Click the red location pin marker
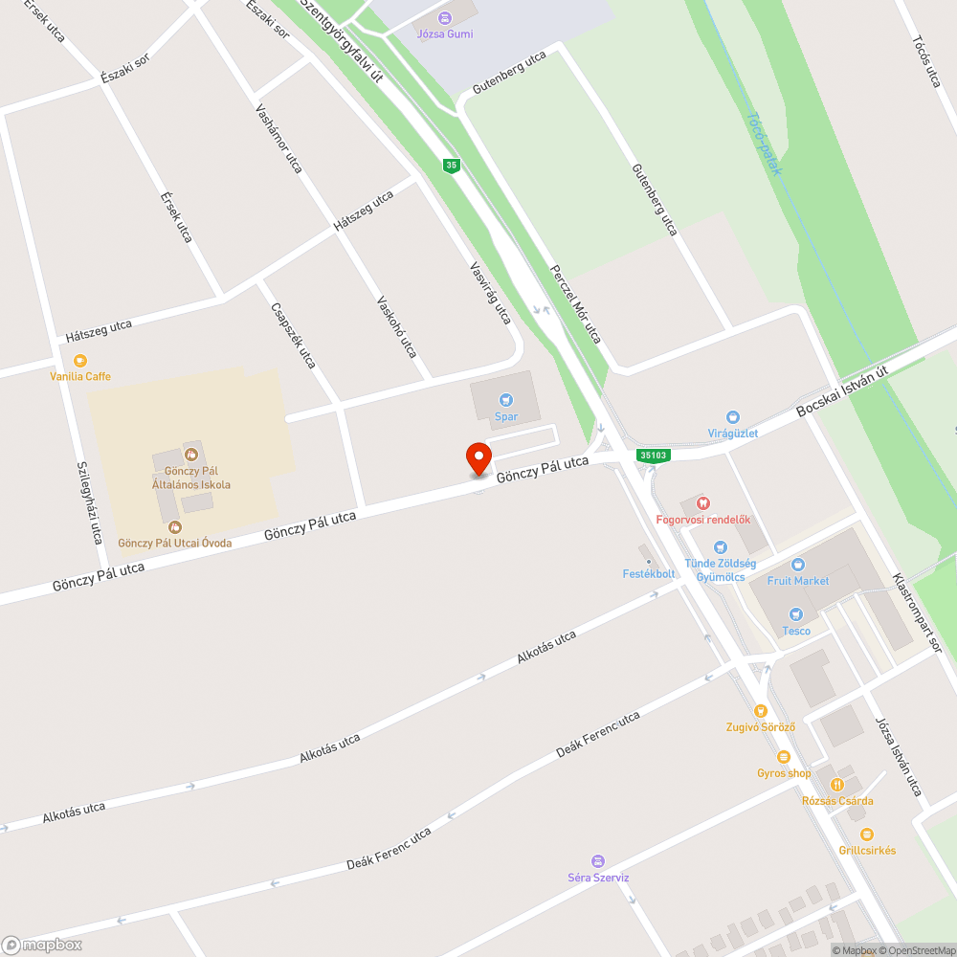click(x=478, y=458)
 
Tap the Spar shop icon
click(x=506, y=400)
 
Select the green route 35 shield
click(x=452, y=166)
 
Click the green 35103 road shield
click(x=654, y=456)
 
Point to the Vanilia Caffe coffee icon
click(x=80, y=361)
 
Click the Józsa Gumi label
click(x=445, y=34)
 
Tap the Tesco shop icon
click(x=795, y=614)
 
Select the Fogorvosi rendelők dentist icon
click(x=703, y=503)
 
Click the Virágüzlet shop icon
click(x=733, y=417)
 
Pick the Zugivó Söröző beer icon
click(x=761, y=711)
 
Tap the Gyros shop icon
click(x=784, y=757)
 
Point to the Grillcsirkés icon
click(x=867, y=835)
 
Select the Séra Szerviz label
click(x=598, y=877)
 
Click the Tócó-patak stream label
click(x=764, y=144)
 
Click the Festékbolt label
click(x=649, y=574)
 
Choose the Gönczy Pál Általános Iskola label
click(x=197, y=478)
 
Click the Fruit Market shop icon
click(x=798, y=565)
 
